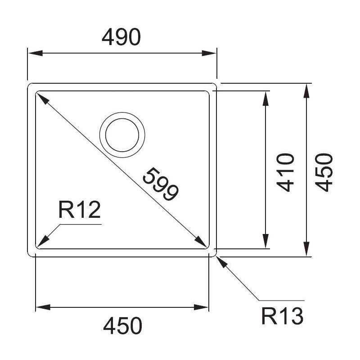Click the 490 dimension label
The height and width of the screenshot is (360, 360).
121,38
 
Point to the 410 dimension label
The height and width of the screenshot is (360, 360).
284,172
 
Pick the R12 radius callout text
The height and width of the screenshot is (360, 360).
79,210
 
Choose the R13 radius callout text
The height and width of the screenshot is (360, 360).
282,317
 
